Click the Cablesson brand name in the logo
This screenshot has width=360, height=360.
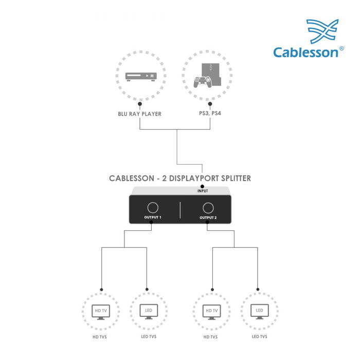tap(305, 52)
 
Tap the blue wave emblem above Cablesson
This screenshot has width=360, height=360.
tap(322, 31)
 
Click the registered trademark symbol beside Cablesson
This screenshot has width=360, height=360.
tap(341, 48)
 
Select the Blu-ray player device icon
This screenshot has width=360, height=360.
tap(140, 76)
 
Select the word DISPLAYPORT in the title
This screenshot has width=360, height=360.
tap(184, 178)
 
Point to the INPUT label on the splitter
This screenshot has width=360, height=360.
tap(203, 191)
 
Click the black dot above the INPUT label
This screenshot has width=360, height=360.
tap(202, 186)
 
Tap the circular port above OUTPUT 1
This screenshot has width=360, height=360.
tap(153, 208)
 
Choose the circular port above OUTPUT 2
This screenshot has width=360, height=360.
tap(208, 208)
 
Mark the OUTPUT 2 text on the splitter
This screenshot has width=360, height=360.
tap(208, 218)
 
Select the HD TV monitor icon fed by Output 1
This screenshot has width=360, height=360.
tap(101, 312)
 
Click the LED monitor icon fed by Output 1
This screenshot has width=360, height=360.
tap(148, 312)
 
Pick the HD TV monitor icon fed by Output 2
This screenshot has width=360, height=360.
tap(211, 312)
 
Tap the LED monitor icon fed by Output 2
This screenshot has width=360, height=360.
tap(259, 312)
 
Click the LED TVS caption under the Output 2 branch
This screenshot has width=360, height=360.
tap(259, 337)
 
